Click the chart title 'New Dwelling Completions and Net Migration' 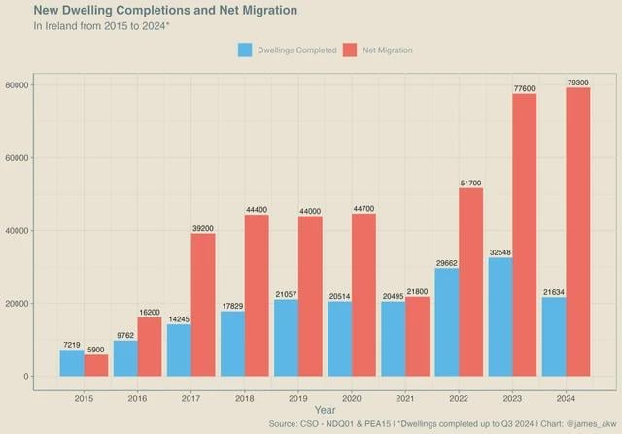pos(165,11)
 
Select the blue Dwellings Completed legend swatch pos(245,50)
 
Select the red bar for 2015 pos(97,366)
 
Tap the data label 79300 pos(577,83)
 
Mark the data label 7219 pos(71,345)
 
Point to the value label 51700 pos(470,183)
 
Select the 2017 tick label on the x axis pos(190,398)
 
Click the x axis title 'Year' pos(325,410)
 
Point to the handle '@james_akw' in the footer pos(588,424)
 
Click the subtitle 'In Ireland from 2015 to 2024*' pos(101,26)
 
